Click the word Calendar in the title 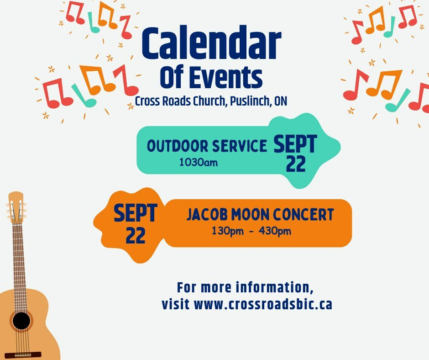[211, 43]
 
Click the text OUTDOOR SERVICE [207, 146]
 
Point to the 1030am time [199, 163]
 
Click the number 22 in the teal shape [296, 164]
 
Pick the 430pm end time [275, 231]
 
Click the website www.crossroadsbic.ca [263, 304]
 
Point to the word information [275, 287]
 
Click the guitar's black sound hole [21, 321]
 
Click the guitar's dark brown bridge [23, 355]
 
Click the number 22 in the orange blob [136, 236]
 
